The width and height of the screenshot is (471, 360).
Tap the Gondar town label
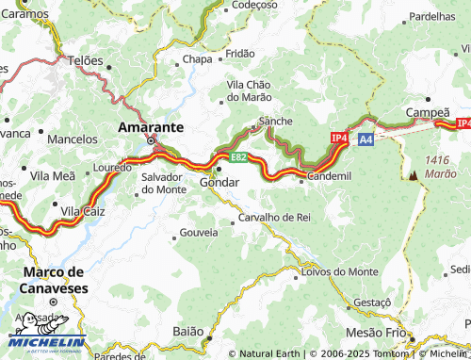[219, 182]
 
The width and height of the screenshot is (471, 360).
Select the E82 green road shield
[238, 156]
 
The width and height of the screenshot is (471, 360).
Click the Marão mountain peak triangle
[413, 174]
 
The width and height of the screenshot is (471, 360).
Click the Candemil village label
[329, 176]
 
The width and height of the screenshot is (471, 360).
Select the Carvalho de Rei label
[274, 217]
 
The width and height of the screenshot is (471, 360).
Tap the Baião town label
[188, 332]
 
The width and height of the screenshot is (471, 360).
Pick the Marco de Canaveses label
[54, 279]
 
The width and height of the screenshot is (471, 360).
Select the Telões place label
[85, 59]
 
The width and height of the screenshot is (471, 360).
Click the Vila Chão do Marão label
[250, 90]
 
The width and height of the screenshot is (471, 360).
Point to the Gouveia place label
[198, 231]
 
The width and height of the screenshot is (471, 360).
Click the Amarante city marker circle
[151, 141]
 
